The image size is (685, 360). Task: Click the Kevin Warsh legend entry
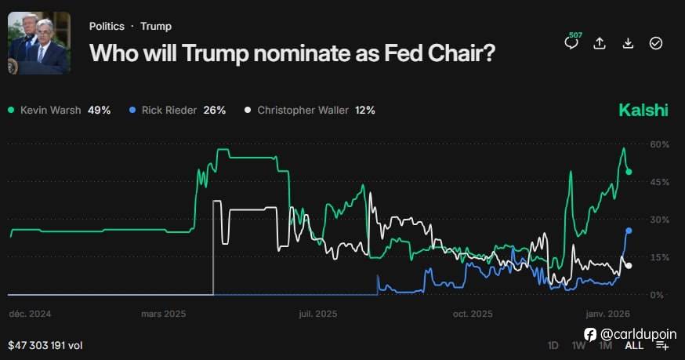coord(59,111)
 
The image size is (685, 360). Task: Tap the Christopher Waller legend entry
coord(310,111)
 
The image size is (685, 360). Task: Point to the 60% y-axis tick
coord(660,144)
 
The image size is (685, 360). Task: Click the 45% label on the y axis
coord(660,182)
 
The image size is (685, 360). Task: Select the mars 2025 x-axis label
coord(163,314)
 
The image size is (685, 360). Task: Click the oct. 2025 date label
coord(473,314)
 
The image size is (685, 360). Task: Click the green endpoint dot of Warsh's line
coord(629,172)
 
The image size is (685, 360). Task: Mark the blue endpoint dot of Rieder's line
coord(629,231)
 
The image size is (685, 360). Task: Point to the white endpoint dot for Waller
coord(629,265)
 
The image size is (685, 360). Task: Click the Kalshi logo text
coord(643,110)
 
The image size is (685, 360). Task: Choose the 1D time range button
coord(553,345)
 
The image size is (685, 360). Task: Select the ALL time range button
coord(634,345)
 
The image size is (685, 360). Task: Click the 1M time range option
coord(606,345)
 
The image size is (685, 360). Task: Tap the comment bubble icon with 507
coord(571,43)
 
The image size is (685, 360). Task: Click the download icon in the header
coord(628,43)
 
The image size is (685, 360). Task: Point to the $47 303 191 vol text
coord(45,345)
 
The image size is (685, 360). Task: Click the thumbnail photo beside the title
coord(38,44)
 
